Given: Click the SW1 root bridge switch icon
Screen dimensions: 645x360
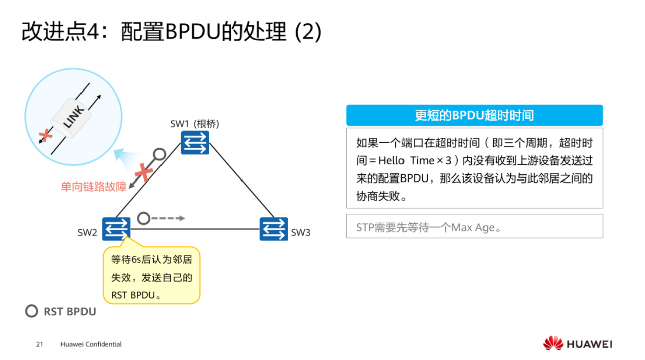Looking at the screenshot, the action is pyautogui.click(x=195, y=142).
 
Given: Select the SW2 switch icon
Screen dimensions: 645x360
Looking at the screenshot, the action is pyautogui.click(x=116, y=229).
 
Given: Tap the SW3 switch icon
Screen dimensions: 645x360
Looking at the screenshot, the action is pyautogui.click(x=274, y=229).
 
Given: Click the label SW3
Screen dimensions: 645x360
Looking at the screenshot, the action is pyautogui.click(x=301, y=233).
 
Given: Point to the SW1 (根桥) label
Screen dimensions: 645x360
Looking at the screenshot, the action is pyautogui.click(x=195, y=124).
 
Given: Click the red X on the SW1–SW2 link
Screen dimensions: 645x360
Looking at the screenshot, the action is pyautogui.click(x=143, y=172).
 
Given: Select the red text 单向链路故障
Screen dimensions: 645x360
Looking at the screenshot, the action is pyautogui.click(x=94, y=187).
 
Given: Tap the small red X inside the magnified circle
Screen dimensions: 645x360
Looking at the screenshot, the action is pyautogui.click(x=46, y=135).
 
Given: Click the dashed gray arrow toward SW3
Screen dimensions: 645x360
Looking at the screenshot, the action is pyautogui.click(x=169, y=218).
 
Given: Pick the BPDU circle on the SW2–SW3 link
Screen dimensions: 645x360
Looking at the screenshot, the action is pyautogui.click(x=144, y=218).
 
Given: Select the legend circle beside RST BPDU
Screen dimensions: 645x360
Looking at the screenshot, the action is pyautogui.click(x=32, y=311).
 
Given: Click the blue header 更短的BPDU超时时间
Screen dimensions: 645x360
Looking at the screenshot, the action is pyautogui.click(x=474, y=115).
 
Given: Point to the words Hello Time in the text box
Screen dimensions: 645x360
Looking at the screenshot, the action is pyautogui.click(x=406, y=161).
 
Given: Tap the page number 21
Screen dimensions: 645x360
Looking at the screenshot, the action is pyautogui.click(x=40, y=344).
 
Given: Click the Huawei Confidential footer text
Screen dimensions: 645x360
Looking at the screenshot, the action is pyautogui.click(x=91, y=344).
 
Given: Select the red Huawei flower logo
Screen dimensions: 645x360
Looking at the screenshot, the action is pyautogui.click(x=553, y=343).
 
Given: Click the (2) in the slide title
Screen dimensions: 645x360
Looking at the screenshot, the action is pyautogui.click(x=308, y=32).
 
